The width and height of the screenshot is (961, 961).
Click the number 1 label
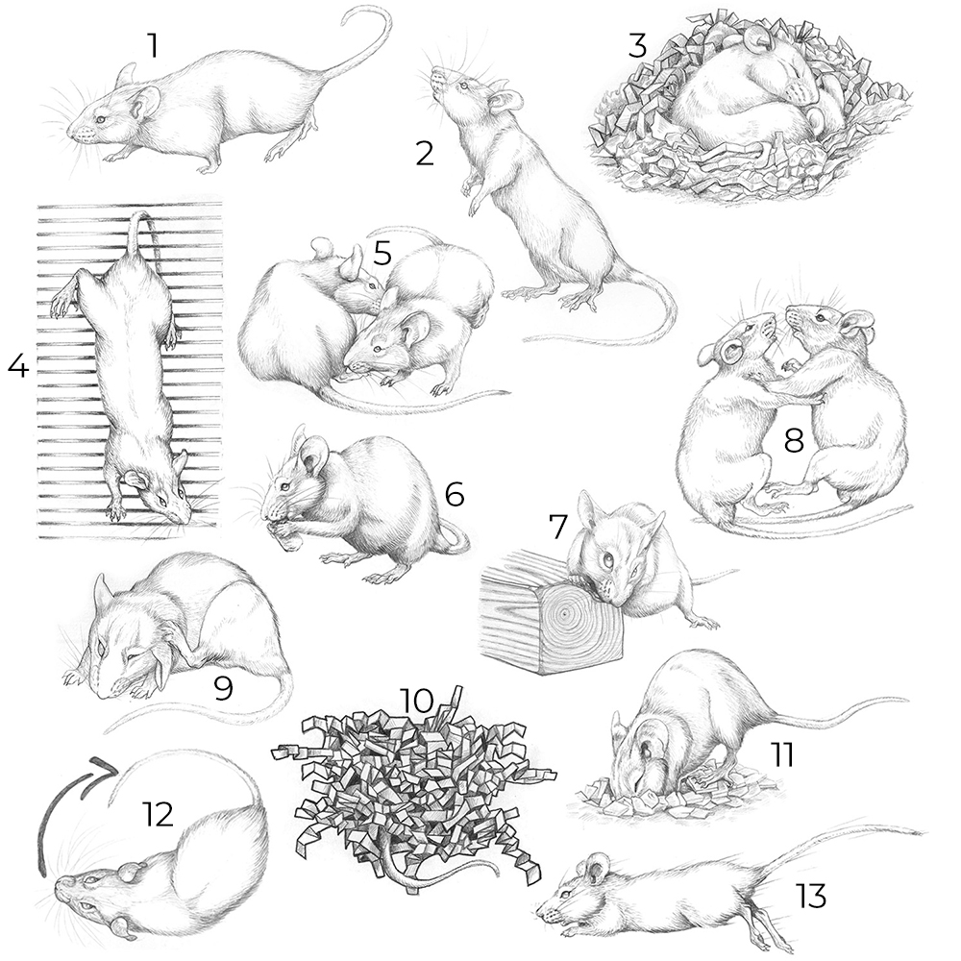153,45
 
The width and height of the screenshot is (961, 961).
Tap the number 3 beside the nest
637,46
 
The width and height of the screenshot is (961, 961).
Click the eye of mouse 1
102,117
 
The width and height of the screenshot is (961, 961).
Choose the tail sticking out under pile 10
429,877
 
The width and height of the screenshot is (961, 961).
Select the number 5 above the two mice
382,253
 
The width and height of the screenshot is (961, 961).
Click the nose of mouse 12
60,882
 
